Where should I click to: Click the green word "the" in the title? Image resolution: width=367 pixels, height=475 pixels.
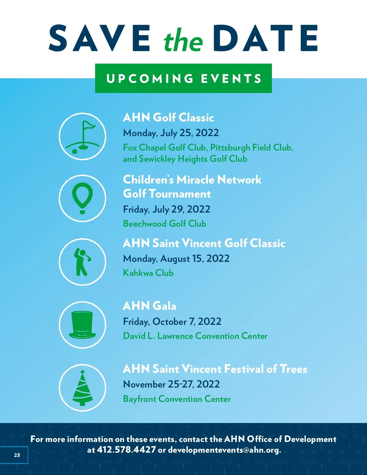(183, 40)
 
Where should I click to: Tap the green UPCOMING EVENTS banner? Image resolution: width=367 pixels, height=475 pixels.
(183, 78)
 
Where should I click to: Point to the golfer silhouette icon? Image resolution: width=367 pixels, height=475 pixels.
(82, 262)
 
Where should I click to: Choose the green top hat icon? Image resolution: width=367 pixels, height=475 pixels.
(82, 325)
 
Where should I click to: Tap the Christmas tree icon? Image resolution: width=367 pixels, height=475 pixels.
(82, 388)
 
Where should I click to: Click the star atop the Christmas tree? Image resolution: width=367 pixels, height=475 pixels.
(82, 372)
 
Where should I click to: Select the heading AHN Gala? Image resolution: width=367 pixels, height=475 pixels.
(149, 306)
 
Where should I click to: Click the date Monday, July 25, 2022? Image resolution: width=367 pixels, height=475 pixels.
(171, 133)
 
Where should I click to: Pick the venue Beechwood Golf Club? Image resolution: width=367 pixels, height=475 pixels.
(165, 224)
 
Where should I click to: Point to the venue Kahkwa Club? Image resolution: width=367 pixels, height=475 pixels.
(148, 273)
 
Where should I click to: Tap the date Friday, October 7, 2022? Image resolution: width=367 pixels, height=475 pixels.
(172, 321)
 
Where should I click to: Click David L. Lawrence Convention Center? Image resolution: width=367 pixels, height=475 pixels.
(195, 336)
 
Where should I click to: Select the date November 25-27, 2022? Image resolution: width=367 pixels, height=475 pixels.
(171, 384)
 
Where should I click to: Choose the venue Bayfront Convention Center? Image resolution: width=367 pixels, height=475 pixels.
(177, 399)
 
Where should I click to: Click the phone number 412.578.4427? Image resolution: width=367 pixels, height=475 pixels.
(126, 450)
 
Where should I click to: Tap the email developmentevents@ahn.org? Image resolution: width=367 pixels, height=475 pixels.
(224, 450)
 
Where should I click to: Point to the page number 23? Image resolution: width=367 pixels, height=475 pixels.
(17, 455)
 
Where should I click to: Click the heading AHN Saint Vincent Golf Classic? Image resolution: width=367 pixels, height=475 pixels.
(204, 243)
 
